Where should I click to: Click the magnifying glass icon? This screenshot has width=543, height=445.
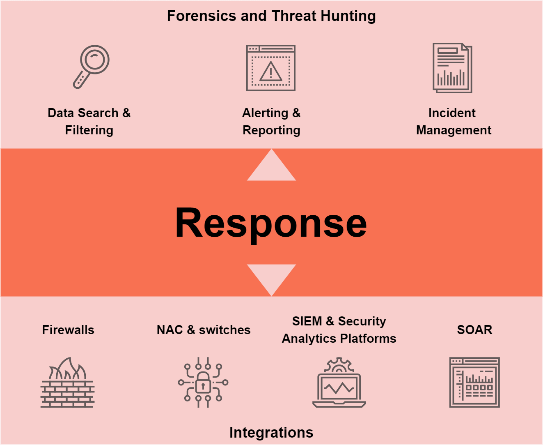92,67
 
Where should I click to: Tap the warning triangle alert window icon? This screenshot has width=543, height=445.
271,68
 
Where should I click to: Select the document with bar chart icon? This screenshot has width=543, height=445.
452,68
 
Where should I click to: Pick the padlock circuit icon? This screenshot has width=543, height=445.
203,383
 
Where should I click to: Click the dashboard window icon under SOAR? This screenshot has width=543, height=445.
474,383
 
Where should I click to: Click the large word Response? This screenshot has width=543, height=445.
271,223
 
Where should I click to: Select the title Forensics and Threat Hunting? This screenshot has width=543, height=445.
271,16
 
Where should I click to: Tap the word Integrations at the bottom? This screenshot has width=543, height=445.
271,433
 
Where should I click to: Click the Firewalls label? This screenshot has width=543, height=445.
68,330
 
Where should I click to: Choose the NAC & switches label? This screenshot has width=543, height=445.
204,330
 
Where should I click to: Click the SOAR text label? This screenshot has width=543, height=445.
474,330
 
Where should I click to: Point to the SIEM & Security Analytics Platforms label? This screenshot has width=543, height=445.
339,330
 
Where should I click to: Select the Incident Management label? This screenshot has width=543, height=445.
453,122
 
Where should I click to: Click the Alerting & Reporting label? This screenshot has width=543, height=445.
271,122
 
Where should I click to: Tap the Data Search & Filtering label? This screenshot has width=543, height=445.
89,122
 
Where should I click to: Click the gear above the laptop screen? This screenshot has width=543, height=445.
339,364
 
